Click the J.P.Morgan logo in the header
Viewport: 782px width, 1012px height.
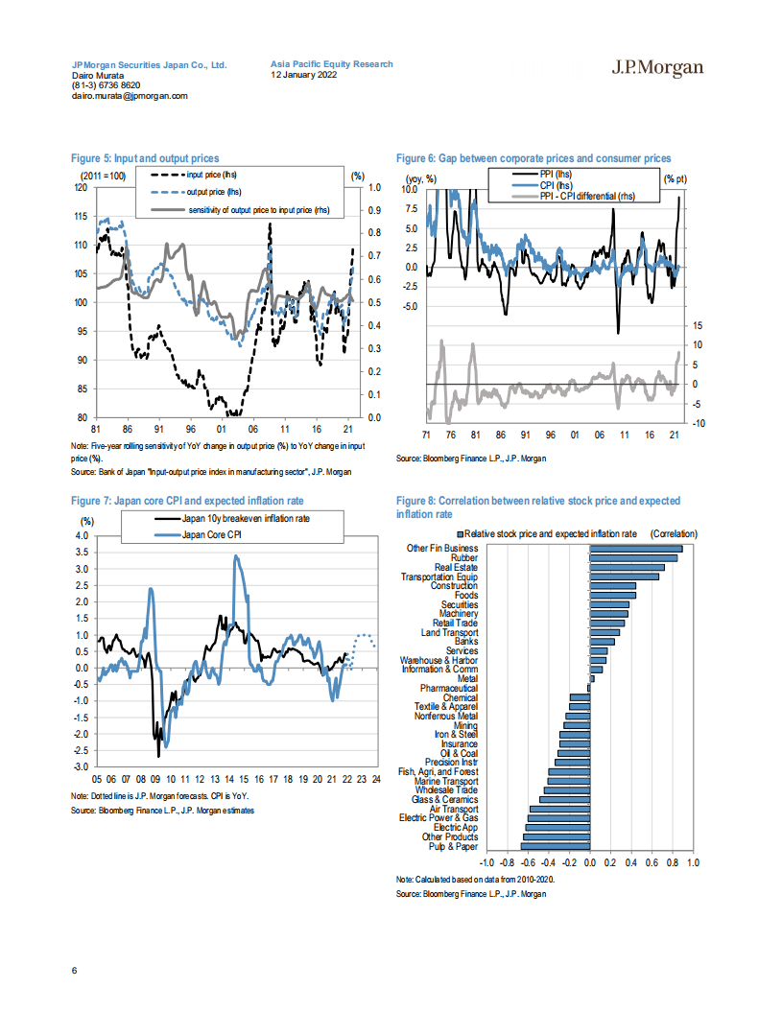tap(657, 67)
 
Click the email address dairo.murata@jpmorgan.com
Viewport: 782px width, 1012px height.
tap(130, 96)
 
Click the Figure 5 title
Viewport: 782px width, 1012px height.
tap(145, 158)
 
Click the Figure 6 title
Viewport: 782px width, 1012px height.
tap(533, 158)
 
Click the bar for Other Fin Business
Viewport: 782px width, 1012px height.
tap(635, 549)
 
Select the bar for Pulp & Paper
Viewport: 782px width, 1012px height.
tap(555, 846)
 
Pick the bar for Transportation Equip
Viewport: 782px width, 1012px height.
tap(624, 577)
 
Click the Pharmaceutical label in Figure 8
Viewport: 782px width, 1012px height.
tap(448, 688)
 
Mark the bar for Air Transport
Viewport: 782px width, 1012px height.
tap(559, 809)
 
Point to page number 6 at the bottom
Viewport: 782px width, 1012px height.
tap(74, 970)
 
